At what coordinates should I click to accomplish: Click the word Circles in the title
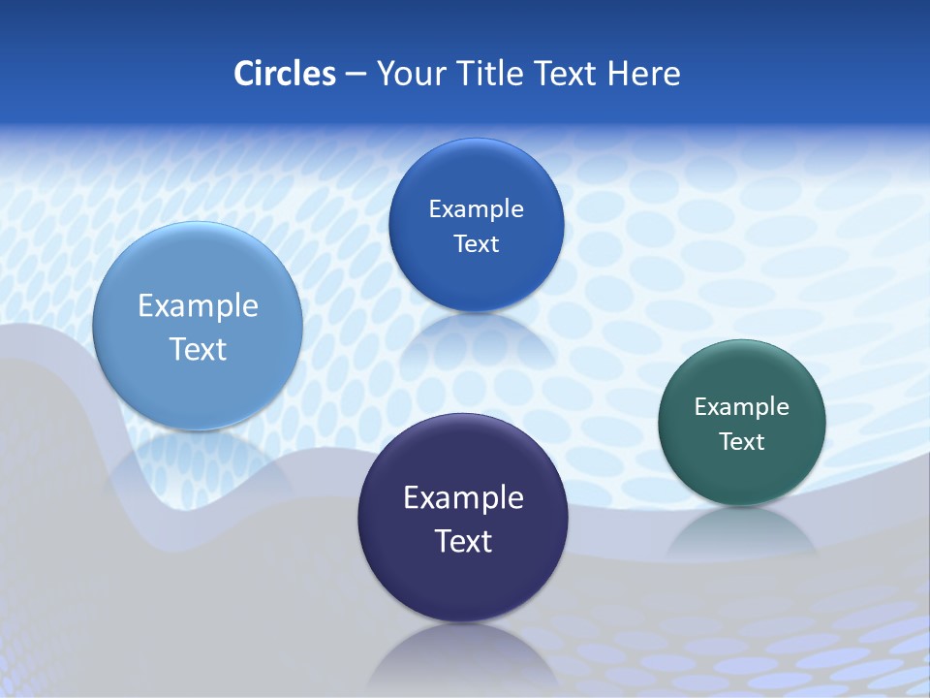(285, 74)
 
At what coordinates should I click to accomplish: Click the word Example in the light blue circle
(198, 306)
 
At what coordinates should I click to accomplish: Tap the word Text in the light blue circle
(198, 349)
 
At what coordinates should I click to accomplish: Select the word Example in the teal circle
(742, 407)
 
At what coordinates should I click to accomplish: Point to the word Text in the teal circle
(742, 442)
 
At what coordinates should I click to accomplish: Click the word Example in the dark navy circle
(463, 498)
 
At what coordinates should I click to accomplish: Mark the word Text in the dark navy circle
(463, 541)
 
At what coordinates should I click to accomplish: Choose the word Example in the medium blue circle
(477, 209)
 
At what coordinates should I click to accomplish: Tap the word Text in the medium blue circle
(477, 244)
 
